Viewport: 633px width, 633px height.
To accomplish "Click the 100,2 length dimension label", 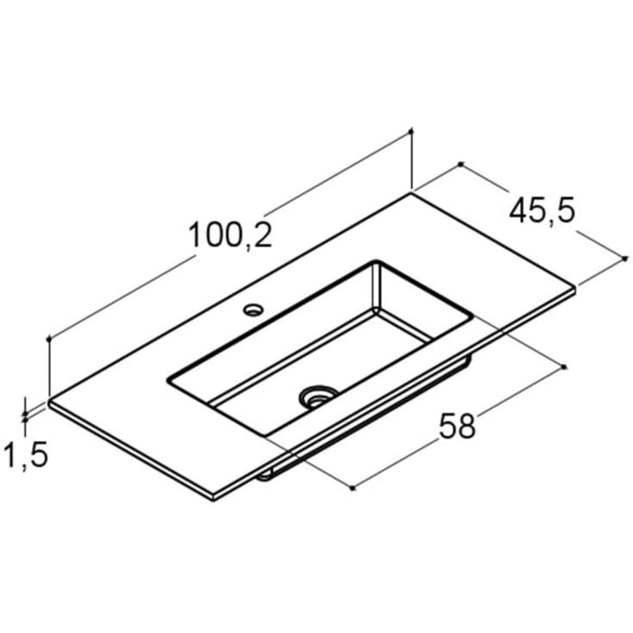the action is click(230, 234).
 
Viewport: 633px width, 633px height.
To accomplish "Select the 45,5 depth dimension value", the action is click(542, 211).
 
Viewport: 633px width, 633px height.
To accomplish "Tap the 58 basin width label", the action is click(457, 426).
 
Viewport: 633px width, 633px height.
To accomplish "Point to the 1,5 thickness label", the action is click(25, 455).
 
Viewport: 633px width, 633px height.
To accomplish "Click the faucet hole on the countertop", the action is click(253, 310).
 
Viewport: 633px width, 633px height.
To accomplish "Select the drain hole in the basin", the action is click(318, 397).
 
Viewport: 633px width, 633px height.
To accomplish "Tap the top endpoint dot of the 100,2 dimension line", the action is click(412, 131).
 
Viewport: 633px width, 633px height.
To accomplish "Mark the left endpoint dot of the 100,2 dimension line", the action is click(49, 339).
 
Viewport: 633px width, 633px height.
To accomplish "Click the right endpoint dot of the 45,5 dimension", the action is click(624, 258).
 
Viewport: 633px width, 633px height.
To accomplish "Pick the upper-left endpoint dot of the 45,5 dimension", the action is click(461, 164).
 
